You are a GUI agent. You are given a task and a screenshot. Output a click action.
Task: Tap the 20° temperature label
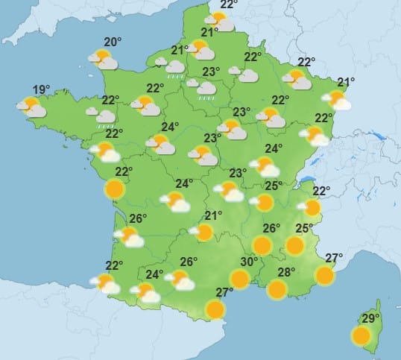pos(113,42)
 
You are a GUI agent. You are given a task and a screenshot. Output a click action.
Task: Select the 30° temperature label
pos(249,262)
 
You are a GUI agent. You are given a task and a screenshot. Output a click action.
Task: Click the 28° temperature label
pos(286,272)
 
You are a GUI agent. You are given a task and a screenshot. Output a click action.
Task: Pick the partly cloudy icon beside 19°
pos(33,107)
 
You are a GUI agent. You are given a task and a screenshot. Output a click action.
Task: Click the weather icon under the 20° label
pos(103,59)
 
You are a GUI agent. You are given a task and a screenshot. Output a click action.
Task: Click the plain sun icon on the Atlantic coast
pos(114,189)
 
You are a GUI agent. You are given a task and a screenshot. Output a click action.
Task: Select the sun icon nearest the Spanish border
pos(215,309)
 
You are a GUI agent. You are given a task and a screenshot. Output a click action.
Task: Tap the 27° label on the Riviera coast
pos(334,259)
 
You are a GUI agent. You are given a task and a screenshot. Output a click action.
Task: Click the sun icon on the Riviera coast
pos(324,276)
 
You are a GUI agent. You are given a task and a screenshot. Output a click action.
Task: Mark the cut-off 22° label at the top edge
pos(229,4)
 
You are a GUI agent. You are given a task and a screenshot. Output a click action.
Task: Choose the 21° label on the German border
pos(345,83)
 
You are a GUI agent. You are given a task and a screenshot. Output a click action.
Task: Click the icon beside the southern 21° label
pos(202,233)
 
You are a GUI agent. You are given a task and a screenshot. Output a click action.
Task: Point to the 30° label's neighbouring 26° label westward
pos(189,262)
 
